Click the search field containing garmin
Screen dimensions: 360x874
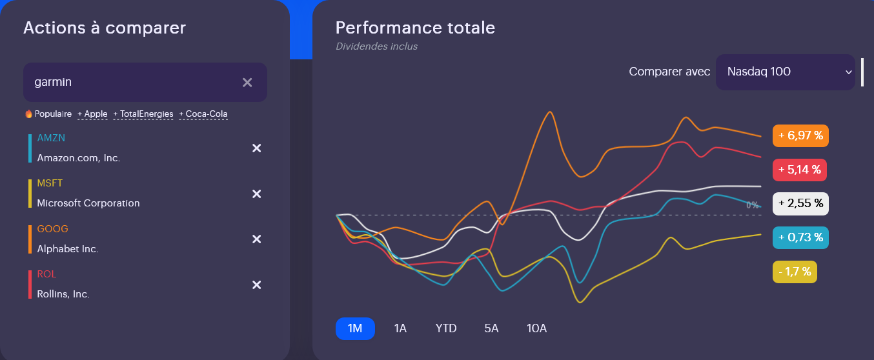pos(129,82)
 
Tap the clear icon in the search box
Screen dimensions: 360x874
pos(247,82)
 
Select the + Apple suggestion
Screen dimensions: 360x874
pos(92,114)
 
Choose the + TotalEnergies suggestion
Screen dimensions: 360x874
pos(143,114)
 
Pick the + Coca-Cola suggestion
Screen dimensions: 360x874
pos(203,114)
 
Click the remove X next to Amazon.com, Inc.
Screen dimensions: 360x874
pos(256,148)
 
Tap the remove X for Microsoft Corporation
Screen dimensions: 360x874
pos(256,194)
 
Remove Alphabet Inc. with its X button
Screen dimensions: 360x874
pos(256,239)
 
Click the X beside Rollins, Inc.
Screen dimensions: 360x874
pos(256,285)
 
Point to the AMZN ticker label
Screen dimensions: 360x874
pos(51,138)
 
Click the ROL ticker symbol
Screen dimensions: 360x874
pos(46,274)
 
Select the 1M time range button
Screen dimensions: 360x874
pos(355,328)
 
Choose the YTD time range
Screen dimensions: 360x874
pos(446,328)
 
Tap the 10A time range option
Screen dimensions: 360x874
pos(536,328)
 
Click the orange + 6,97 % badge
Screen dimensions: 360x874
pos(800,136)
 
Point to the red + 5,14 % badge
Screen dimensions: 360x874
pos(799,170)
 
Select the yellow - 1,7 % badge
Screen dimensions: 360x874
pos(795,272)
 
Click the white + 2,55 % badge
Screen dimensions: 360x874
pos(800,204)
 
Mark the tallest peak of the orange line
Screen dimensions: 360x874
pos(550,112)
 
